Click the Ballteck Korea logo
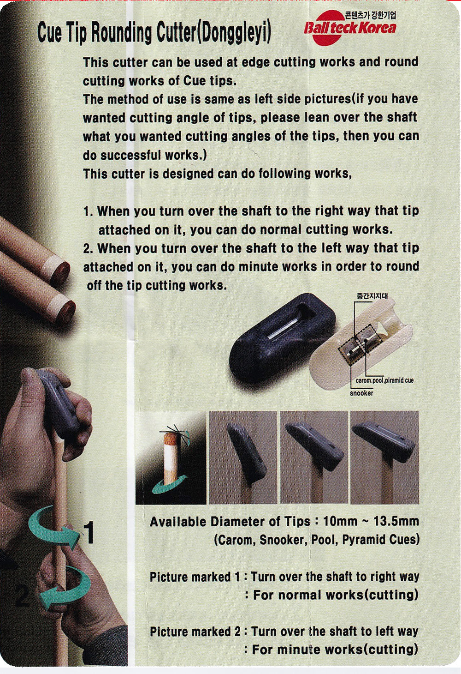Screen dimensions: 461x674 click(x=350, y=27)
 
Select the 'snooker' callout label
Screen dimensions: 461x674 click(x=361, y=393)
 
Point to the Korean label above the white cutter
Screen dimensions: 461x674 click(x=372, y=296)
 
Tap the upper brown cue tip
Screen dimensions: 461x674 click(x=60, y=272)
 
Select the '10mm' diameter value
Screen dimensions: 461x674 click(x=340, y=521)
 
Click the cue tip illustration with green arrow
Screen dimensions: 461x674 click(x=171, y=457)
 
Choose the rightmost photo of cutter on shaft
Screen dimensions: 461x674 click(x=384, y=457)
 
